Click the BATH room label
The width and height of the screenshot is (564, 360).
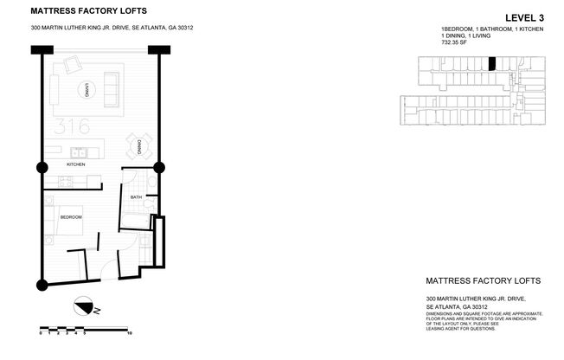pyautogui.click(x=136, y=197)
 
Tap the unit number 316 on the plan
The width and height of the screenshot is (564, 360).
pyautogui.click(x=71, y=127)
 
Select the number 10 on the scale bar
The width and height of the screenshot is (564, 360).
pyautogui.click(x=129, y=333)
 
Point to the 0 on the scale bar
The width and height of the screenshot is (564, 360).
pyautogui.click(x=42, y=333)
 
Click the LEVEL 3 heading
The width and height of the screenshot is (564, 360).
pyautogui.click(x=529, y=16)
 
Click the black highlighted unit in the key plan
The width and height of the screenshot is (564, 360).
pyautogui.click(x=492, y=63)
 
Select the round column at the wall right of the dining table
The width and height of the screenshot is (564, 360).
pyautogui.click(x=158, y=167)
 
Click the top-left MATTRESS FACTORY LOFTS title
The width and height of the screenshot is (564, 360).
pyautogui.click(x=88, y=11)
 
